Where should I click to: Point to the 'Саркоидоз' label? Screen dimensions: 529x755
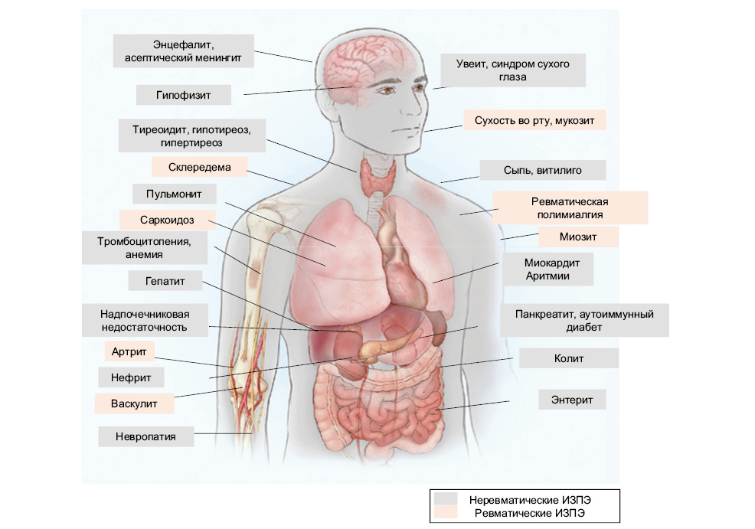pos(167,220)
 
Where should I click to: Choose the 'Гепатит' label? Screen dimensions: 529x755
pos(165,281)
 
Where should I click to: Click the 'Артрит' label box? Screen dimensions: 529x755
pos(129,351)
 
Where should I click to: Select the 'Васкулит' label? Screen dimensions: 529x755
pos(133,403)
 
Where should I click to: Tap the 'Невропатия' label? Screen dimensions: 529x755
pos(145,437)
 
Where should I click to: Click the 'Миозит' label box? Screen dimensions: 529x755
pos(578,237)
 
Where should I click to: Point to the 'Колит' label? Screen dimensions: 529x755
pos(569,358)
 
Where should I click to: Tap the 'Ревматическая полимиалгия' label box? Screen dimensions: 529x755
pos(570,207)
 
